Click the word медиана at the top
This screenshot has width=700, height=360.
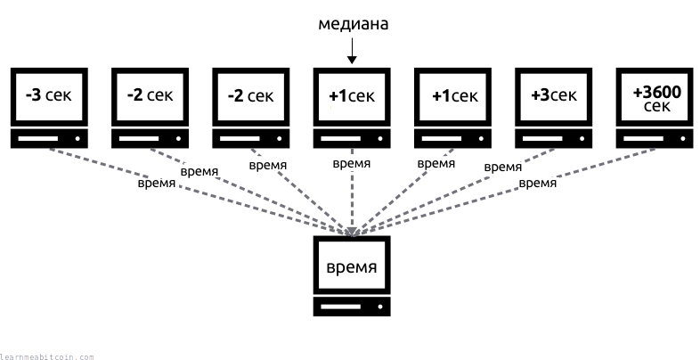(353, 25)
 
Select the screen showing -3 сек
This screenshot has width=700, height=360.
(49, 95)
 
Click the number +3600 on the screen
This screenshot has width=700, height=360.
(655, 91)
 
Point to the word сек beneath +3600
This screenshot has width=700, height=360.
(655, 107)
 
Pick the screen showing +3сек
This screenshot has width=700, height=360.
(554, 95)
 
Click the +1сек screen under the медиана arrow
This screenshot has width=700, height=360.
(352, 95)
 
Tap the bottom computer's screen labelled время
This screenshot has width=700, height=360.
(352, 266)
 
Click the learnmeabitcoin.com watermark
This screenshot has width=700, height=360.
(47, 356)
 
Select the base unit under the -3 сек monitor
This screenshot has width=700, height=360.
(49, 139)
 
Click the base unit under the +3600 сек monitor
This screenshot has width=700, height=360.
(655, 139)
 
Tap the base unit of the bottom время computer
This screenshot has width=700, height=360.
(352, 307)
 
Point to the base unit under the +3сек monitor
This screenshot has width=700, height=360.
(554, 139)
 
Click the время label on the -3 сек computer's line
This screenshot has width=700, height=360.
(157, 184)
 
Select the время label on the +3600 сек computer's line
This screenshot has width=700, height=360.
(537, 184)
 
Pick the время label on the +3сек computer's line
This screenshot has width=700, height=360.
(502, 167)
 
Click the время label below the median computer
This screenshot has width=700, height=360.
(352, 164)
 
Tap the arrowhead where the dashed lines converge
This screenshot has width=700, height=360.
(353, 233)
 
